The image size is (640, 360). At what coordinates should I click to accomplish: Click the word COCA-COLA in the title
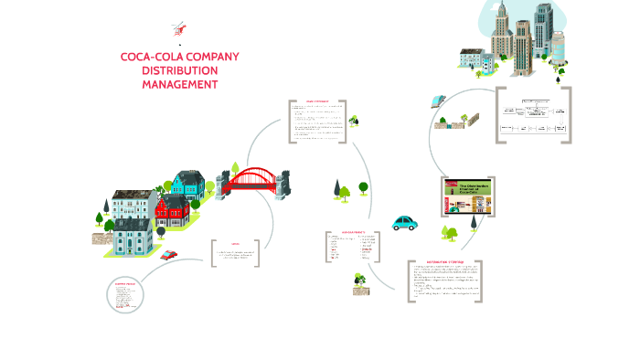tap(152, 57)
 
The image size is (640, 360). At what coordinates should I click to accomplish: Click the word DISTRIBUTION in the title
tap(180, 70)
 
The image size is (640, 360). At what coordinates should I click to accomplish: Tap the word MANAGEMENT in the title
tap(180, 84)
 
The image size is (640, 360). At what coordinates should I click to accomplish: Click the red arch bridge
tap(249, 178)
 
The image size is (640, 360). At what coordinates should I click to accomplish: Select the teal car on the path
tap(404, 223)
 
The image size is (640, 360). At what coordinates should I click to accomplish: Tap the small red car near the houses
tap(168, 255)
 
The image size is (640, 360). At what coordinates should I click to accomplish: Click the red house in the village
tap(172, 210)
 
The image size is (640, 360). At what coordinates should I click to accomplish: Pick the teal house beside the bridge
tap(190, 185)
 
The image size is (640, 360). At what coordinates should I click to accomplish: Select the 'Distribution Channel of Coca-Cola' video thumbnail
tap(467, 196)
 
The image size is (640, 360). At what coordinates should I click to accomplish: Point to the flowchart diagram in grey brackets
tap(533, 115)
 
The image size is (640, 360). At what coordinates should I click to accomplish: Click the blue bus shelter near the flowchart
tap(440, 101)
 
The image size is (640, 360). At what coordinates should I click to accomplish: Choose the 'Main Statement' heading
tap(317, 101)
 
